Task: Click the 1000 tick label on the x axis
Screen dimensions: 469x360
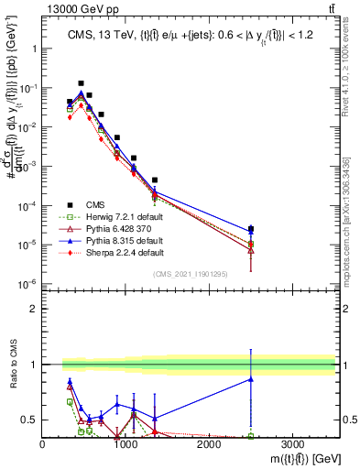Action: pyautogui.click(x=125, y=444)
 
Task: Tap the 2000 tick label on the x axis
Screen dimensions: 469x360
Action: pyautogui.click(x=209, y=444)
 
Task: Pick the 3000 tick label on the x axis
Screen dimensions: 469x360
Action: pyautogui.click(x=292, y=444)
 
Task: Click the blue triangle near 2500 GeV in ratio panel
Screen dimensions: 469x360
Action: pyautogui.click(x=251, y=379)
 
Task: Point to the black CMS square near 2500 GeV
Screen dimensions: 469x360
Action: pyautogui.click(x=251, y=229)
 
